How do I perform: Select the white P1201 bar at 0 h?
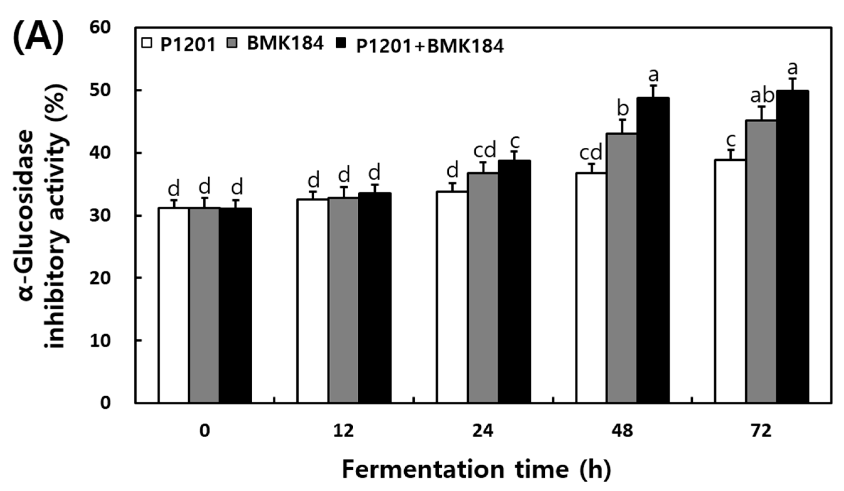tap(174, 304)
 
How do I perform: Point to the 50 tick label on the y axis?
tap(100, 90)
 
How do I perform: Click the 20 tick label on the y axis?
tap(100, 278)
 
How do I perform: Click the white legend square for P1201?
tap(147, 44)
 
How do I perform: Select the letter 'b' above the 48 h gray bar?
tap(622, 109)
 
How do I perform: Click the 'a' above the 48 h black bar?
tap(653, 76)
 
